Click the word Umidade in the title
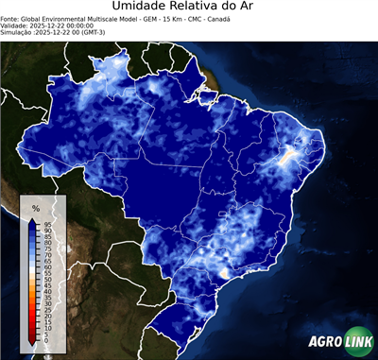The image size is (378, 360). tap(138, 9)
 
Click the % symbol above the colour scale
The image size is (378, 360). tap(35, 207)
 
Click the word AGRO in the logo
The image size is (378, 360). tap(324, 341)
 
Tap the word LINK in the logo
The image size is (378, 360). tap(355, 341)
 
